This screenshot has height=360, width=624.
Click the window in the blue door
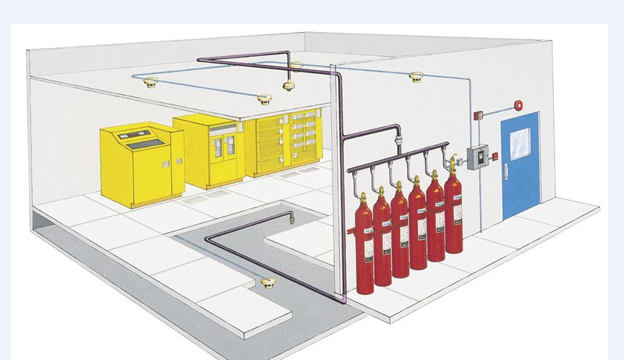(520, 143)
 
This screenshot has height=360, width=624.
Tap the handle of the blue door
(506, 170)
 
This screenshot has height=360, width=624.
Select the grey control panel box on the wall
(478, 155)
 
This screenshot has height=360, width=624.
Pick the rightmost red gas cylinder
(453, 213)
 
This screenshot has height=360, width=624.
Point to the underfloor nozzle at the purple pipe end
(291, 217)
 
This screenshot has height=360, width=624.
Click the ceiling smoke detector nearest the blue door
(416, 76)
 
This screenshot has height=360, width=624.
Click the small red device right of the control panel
(495, 156)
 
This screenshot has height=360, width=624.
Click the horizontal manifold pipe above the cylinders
(396, 156)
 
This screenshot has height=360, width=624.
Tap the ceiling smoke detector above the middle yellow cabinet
(263, 98)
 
